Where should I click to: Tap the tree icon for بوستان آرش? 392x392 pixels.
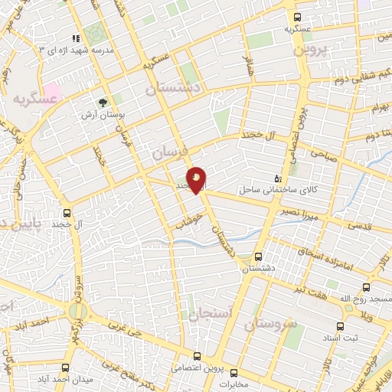(x=103, y=101)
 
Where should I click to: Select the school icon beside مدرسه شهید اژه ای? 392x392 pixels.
(x=75, y=38)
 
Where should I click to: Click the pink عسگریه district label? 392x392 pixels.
(x=34, y=99)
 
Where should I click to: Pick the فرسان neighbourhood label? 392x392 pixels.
(x=168, y=151)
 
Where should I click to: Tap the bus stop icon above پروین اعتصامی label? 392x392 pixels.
(x=197, y=356)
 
